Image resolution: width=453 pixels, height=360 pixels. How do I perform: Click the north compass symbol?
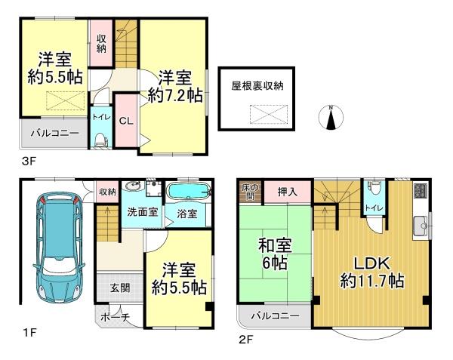[331, 117]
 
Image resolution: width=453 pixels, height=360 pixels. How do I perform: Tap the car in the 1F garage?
[59, 249]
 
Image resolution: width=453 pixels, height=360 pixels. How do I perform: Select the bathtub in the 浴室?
[189, 191]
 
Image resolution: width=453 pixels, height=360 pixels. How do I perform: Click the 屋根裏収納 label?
[257, 86]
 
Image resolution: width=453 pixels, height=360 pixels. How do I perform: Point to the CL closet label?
[126, 121]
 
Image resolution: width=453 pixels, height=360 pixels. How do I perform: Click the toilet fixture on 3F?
[101, 140]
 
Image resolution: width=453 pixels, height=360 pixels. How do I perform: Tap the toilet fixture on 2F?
[374, 189]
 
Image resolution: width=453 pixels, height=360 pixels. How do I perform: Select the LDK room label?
[372, 263]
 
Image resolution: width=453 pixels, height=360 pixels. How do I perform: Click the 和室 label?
[275, 246]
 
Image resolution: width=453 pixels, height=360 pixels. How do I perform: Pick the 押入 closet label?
[287, 192]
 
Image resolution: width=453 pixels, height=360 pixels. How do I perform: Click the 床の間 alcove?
[251, 192]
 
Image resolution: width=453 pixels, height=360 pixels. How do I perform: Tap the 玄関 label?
[120, 288]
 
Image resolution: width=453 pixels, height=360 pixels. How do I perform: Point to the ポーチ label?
[115, 318]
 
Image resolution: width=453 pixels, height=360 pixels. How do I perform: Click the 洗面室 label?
[143, 212]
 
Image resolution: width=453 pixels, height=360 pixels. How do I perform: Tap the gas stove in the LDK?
[421, 190]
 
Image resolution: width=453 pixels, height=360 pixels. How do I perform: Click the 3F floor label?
[29, 161]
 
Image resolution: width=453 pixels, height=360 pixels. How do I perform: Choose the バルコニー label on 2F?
[275, 316]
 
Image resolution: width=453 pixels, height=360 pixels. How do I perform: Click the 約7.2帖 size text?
[175, 95]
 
